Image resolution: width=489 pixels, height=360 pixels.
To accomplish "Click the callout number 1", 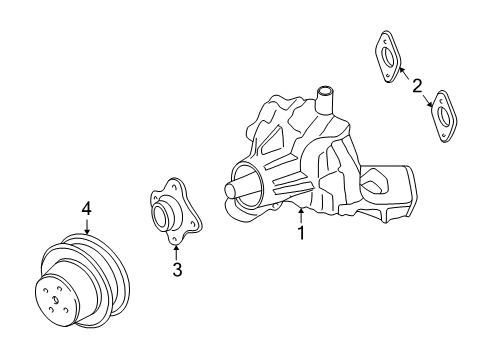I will click(299, 233).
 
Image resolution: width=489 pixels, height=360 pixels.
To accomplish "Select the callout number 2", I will click(417, 85).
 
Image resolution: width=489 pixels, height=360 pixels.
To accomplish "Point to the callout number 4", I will click(87, 208).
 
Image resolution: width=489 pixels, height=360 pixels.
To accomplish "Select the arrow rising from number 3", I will click(176, 248).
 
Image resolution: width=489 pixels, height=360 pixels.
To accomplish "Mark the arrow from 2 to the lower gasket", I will click(428, 100).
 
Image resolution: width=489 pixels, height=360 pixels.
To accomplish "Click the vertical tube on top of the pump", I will click(325, 99).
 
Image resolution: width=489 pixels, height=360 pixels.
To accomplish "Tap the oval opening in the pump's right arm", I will click(376, 181).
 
